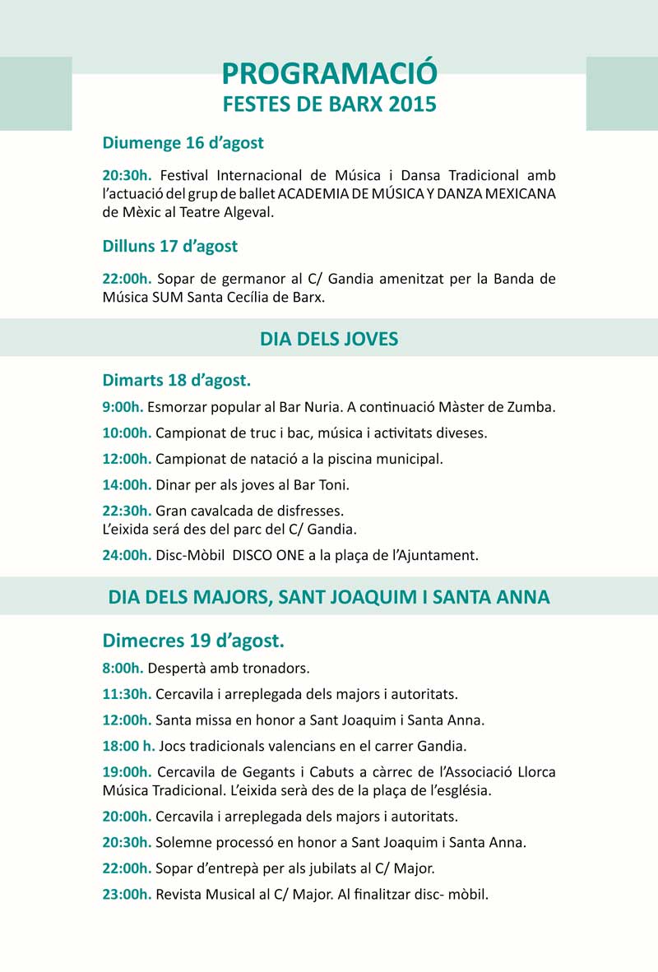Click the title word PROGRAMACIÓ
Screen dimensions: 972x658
[x=329, y=74]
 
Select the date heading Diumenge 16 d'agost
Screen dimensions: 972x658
[x=183, y=143]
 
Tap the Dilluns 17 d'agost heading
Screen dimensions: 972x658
[x=169, y=246]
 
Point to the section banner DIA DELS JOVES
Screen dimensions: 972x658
[x=329, y=339]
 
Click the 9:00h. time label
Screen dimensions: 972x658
[x=123, y=407]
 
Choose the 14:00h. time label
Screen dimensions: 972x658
[x=127, y=485]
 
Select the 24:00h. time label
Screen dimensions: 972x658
[x=127, y=555]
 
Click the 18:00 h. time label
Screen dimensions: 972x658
[x=128, y=747]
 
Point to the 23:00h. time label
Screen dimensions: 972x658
[x=127, y=894]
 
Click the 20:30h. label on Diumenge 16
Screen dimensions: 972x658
[x=127, y=175]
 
